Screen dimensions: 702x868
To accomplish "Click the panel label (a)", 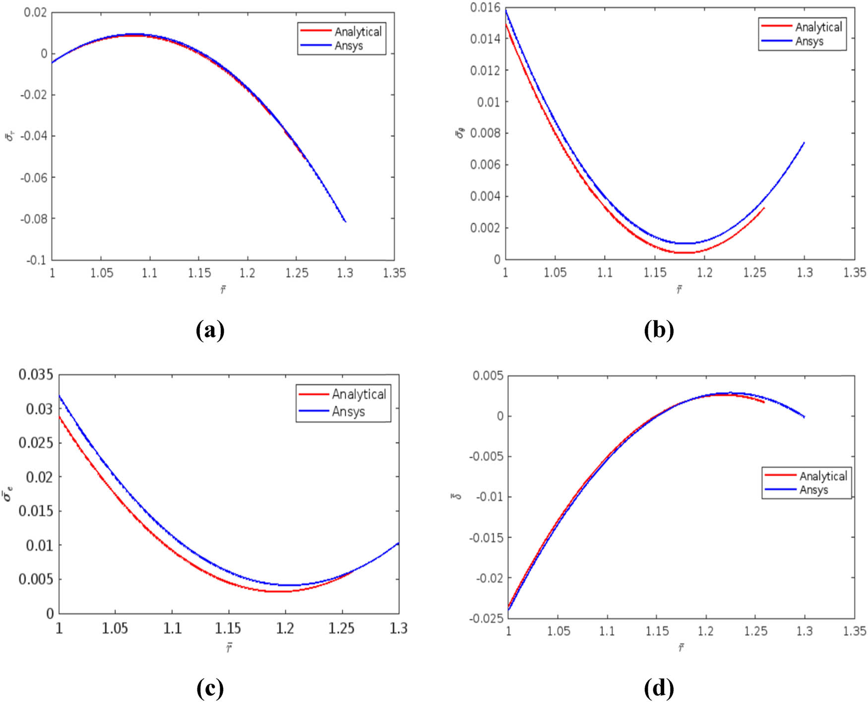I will click(x=210, y=330).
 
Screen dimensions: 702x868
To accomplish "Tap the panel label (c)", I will click(x=210, y=688).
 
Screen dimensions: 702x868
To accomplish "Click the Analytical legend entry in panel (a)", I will click(x=358, y=32).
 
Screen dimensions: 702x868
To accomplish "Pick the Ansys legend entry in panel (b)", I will click(x=809, y=42).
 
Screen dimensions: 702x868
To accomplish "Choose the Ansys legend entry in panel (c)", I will click(x=348, y=412).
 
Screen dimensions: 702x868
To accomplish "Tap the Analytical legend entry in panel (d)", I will click(x=823, y=476).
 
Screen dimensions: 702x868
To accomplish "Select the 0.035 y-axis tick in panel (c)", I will click(x=36, y=375).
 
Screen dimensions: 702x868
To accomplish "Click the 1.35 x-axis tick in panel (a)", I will click(x=394, y=273).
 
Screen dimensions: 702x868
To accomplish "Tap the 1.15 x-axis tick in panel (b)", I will click(x=655, y=272).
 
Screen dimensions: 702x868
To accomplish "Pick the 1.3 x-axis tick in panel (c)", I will click(x=398, y=629).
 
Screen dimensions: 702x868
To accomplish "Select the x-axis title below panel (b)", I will click(x=679, y=289).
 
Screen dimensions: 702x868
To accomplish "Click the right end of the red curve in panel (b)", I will click(x=764, y=208).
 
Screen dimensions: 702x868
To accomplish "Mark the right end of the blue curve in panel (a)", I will click(x=345, y=221).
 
